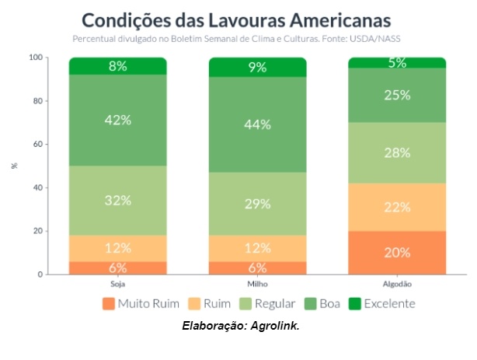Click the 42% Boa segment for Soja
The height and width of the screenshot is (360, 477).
(118, 121)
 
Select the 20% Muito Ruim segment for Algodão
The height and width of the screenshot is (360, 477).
(397, 253)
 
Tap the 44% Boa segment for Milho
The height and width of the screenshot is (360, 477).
(257, 124)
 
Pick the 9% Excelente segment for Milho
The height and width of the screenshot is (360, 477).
(257, 67)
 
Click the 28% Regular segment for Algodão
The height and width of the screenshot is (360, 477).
(397, 152)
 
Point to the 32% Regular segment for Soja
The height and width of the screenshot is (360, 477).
(118, 200)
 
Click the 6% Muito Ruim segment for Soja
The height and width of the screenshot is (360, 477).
(118, 268)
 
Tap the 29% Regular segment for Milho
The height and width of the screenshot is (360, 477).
(257, 204)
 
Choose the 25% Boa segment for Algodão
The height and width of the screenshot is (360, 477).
(397, 96)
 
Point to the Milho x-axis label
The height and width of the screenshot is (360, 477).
(257, 283)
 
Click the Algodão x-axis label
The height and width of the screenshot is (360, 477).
(397, 283)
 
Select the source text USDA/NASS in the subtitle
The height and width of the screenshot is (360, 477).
(380, 38)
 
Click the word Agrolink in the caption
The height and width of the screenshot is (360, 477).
(274, 325)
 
